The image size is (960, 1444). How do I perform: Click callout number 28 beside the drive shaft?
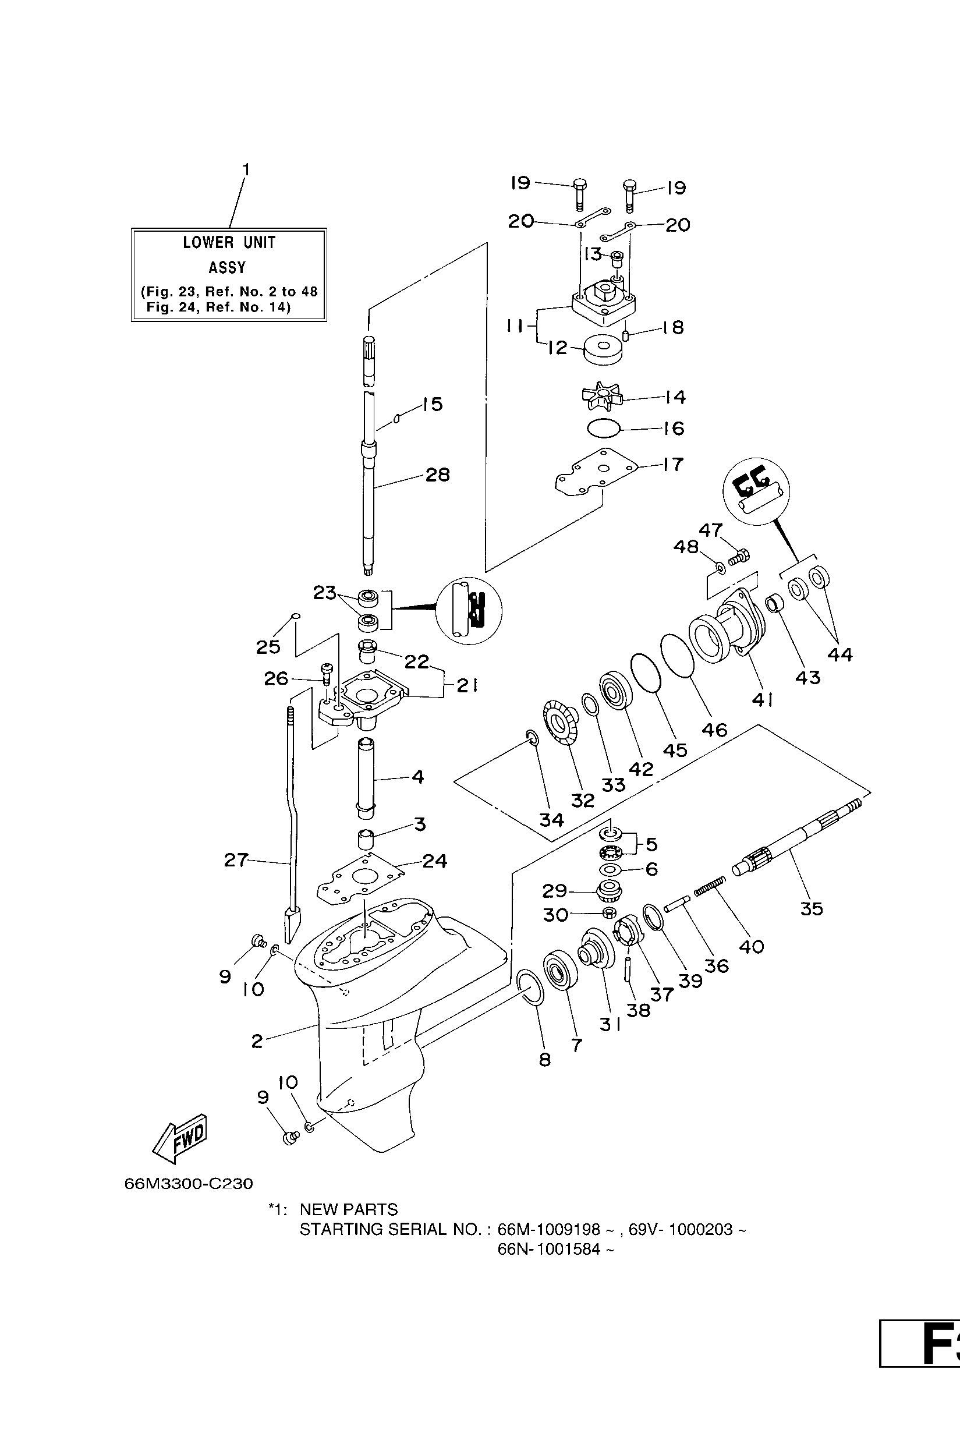(x=437, y=475)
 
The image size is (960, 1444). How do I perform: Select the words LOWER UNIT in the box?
(x=229, y=242)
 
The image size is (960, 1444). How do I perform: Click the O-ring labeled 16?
(x=604, y=429)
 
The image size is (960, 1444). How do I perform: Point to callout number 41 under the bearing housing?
(x=762, y=698)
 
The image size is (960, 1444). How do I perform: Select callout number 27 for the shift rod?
(x=236, y=861)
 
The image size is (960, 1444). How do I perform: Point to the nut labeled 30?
(x=608, y=913)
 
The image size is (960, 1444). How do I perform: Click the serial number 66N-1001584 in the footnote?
(x=555, y=1250)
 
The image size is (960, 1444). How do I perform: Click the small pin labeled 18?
(x=626, y=335)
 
